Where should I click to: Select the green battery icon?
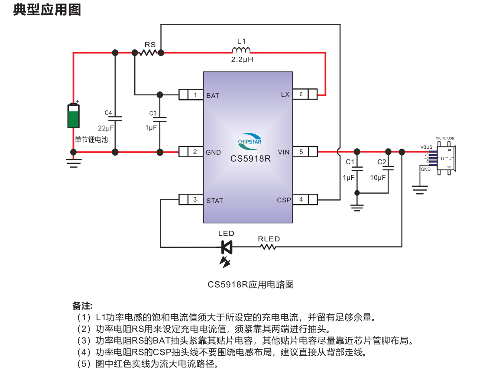[x=74, y=116]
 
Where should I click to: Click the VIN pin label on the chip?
[x=284, y=152]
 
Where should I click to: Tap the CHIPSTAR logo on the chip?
[x=249, y=140]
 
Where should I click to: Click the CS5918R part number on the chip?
[x=250, y=159]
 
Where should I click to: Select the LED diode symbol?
[x=226, y=247]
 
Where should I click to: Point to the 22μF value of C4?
[x=106, y=128]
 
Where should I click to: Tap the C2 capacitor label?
[x=382, y=162]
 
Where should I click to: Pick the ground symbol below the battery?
[x=74, y=162]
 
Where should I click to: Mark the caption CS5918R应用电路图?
[x=251, y=285]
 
